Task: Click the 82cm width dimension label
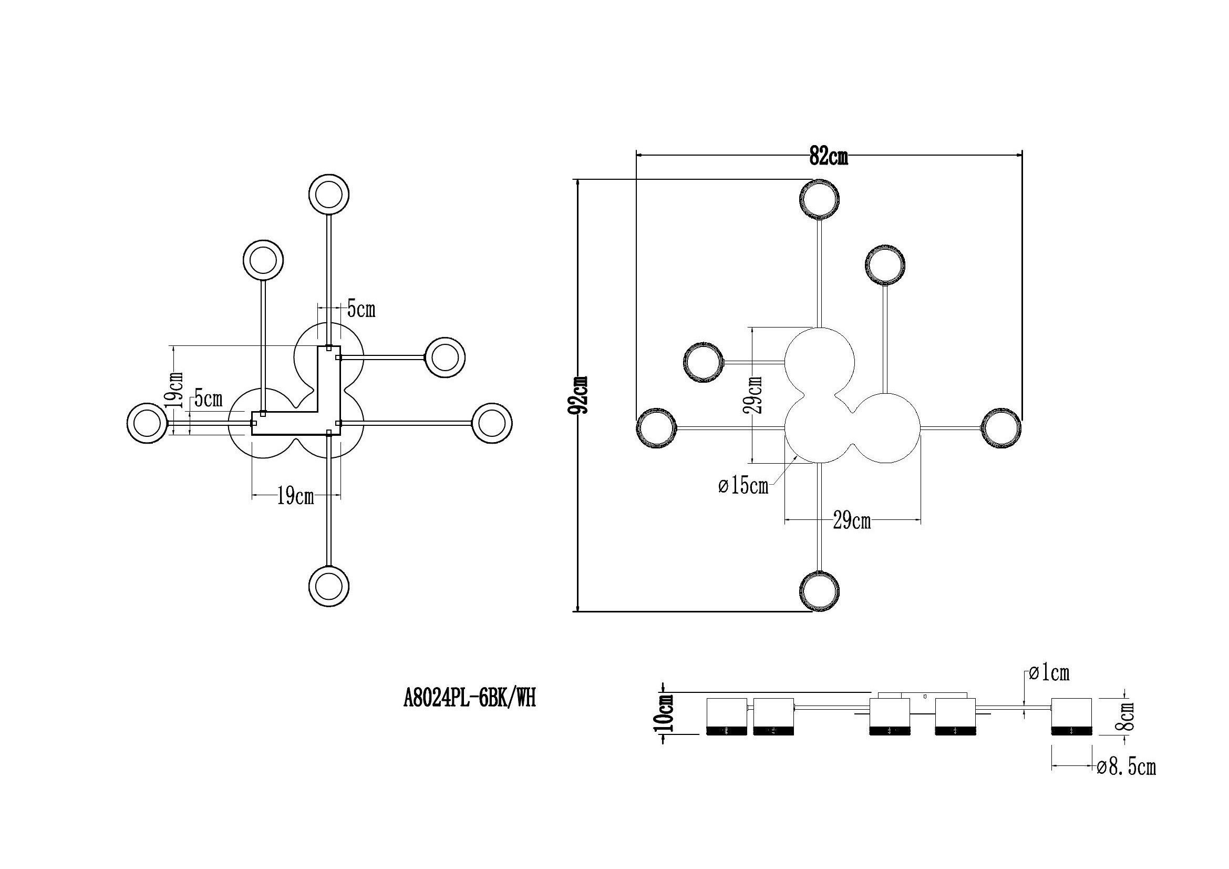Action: [x=828, y=156]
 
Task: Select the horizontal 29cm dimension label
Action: [x=851, y=520]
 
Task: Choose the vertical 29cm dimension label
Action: [x=753, y=395]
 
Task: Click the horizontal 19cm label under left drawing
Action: [x=295, y=496]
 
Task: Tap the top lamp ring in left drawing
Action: [x=329, y=194]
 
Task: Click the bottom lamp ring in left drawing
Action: [x=329, y=586]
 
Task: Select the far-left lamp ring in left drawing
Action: [x=147, y=423]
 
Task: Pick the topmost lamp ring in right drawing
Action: [x=819, y=200]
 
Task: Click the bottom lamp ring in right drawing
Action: [x=820, y=591]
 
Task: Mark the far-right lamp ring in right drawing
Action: [x=1001, y=428]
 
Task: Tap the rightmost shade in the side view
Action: [x=1071, y=717]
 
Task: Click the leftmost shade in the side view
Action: [x=726, y=717]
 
